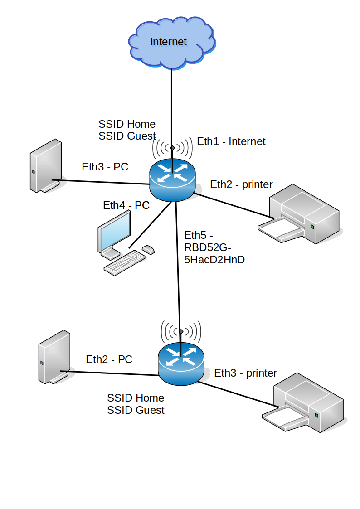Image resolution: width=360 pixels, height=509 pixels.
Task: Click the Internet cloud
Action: click(x=170, y=43)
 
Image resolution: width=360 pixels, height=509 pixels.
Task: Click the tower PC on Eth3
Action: click(x=45, y=166)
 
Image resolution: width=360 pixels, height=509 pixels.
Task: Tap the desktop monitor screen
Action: click(x=115, y=232)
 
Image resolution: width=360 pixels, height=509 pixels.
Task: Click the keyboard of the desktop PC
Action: click(x=124, y=263)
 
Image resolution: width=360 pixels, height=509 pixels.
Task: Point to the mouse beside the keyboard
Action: click(x=148, y=249)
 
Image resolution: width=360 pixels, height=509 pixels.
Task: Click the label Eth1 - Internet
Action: click(x=231, y=141)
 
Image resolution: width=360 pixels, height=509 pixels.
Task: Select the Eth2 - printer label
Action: click(x=241, y=184)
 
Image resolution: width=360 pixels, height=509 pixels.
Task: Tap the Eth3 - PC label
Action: click(x=105, y=167)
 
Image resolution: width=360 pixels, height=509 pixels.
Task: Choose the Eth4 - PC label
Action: click(x=126, y=205)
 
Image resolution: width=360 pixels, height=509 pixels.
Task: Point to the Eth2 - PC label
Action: click(x=109, y=359)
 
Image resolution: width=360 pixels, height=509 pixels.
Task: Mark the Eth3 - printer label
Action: click(x=245, y=373)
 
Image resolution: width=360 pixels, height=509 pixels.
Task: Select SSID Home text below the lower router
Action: click(x=135, y=398)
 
